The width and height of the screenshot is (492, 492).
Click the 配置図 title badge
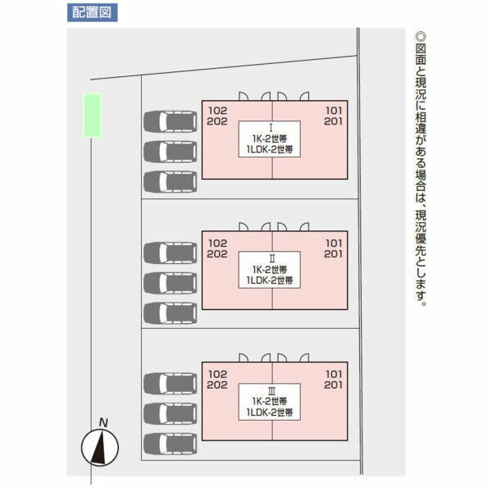pos(92,12)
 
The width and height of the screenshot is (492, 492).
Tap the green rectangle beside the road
pos(92,115)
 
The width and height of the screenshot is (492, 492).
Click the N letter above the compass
pos(103,422)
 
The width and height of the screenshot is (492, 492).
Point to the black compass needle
pos(99,447)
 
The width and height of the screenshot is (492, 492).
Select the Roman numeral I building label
pos(271,127)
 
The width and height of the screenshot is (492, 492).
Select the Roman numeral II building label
pos(272,258)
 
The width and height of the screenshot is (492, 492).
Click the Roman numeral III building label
pos(271,390)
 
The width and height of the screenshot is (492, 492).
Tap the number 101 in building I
pos(334,111)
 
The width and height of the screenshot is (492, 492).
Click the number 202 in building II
pos(217,254)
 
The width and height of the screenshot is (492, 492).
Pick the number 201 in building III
pos(333,385)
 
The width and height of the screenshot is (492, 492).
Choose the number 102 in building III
pos(217,374)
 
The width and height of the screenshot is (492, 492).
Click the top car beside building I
pos(171,121)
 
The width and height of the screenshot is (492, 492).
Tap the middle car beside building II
pos(171,283)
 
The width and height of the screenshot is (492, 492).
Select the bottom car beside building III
pos(171,444)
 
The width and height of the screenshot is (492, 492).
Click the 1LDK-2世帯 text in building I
pos(270,149)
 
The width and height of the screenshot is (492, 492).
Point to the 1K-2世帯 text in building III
pos(270,401)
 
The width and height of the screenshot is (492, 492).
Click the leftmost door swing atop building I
pos(244,96)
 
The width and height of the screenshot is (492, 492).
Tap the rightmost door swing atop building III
pos(304,358)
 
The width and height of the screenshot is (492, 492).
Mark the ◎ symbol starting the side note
pos(421,37)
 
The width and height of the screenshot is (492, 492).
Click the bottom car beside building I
pos(171,182)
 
